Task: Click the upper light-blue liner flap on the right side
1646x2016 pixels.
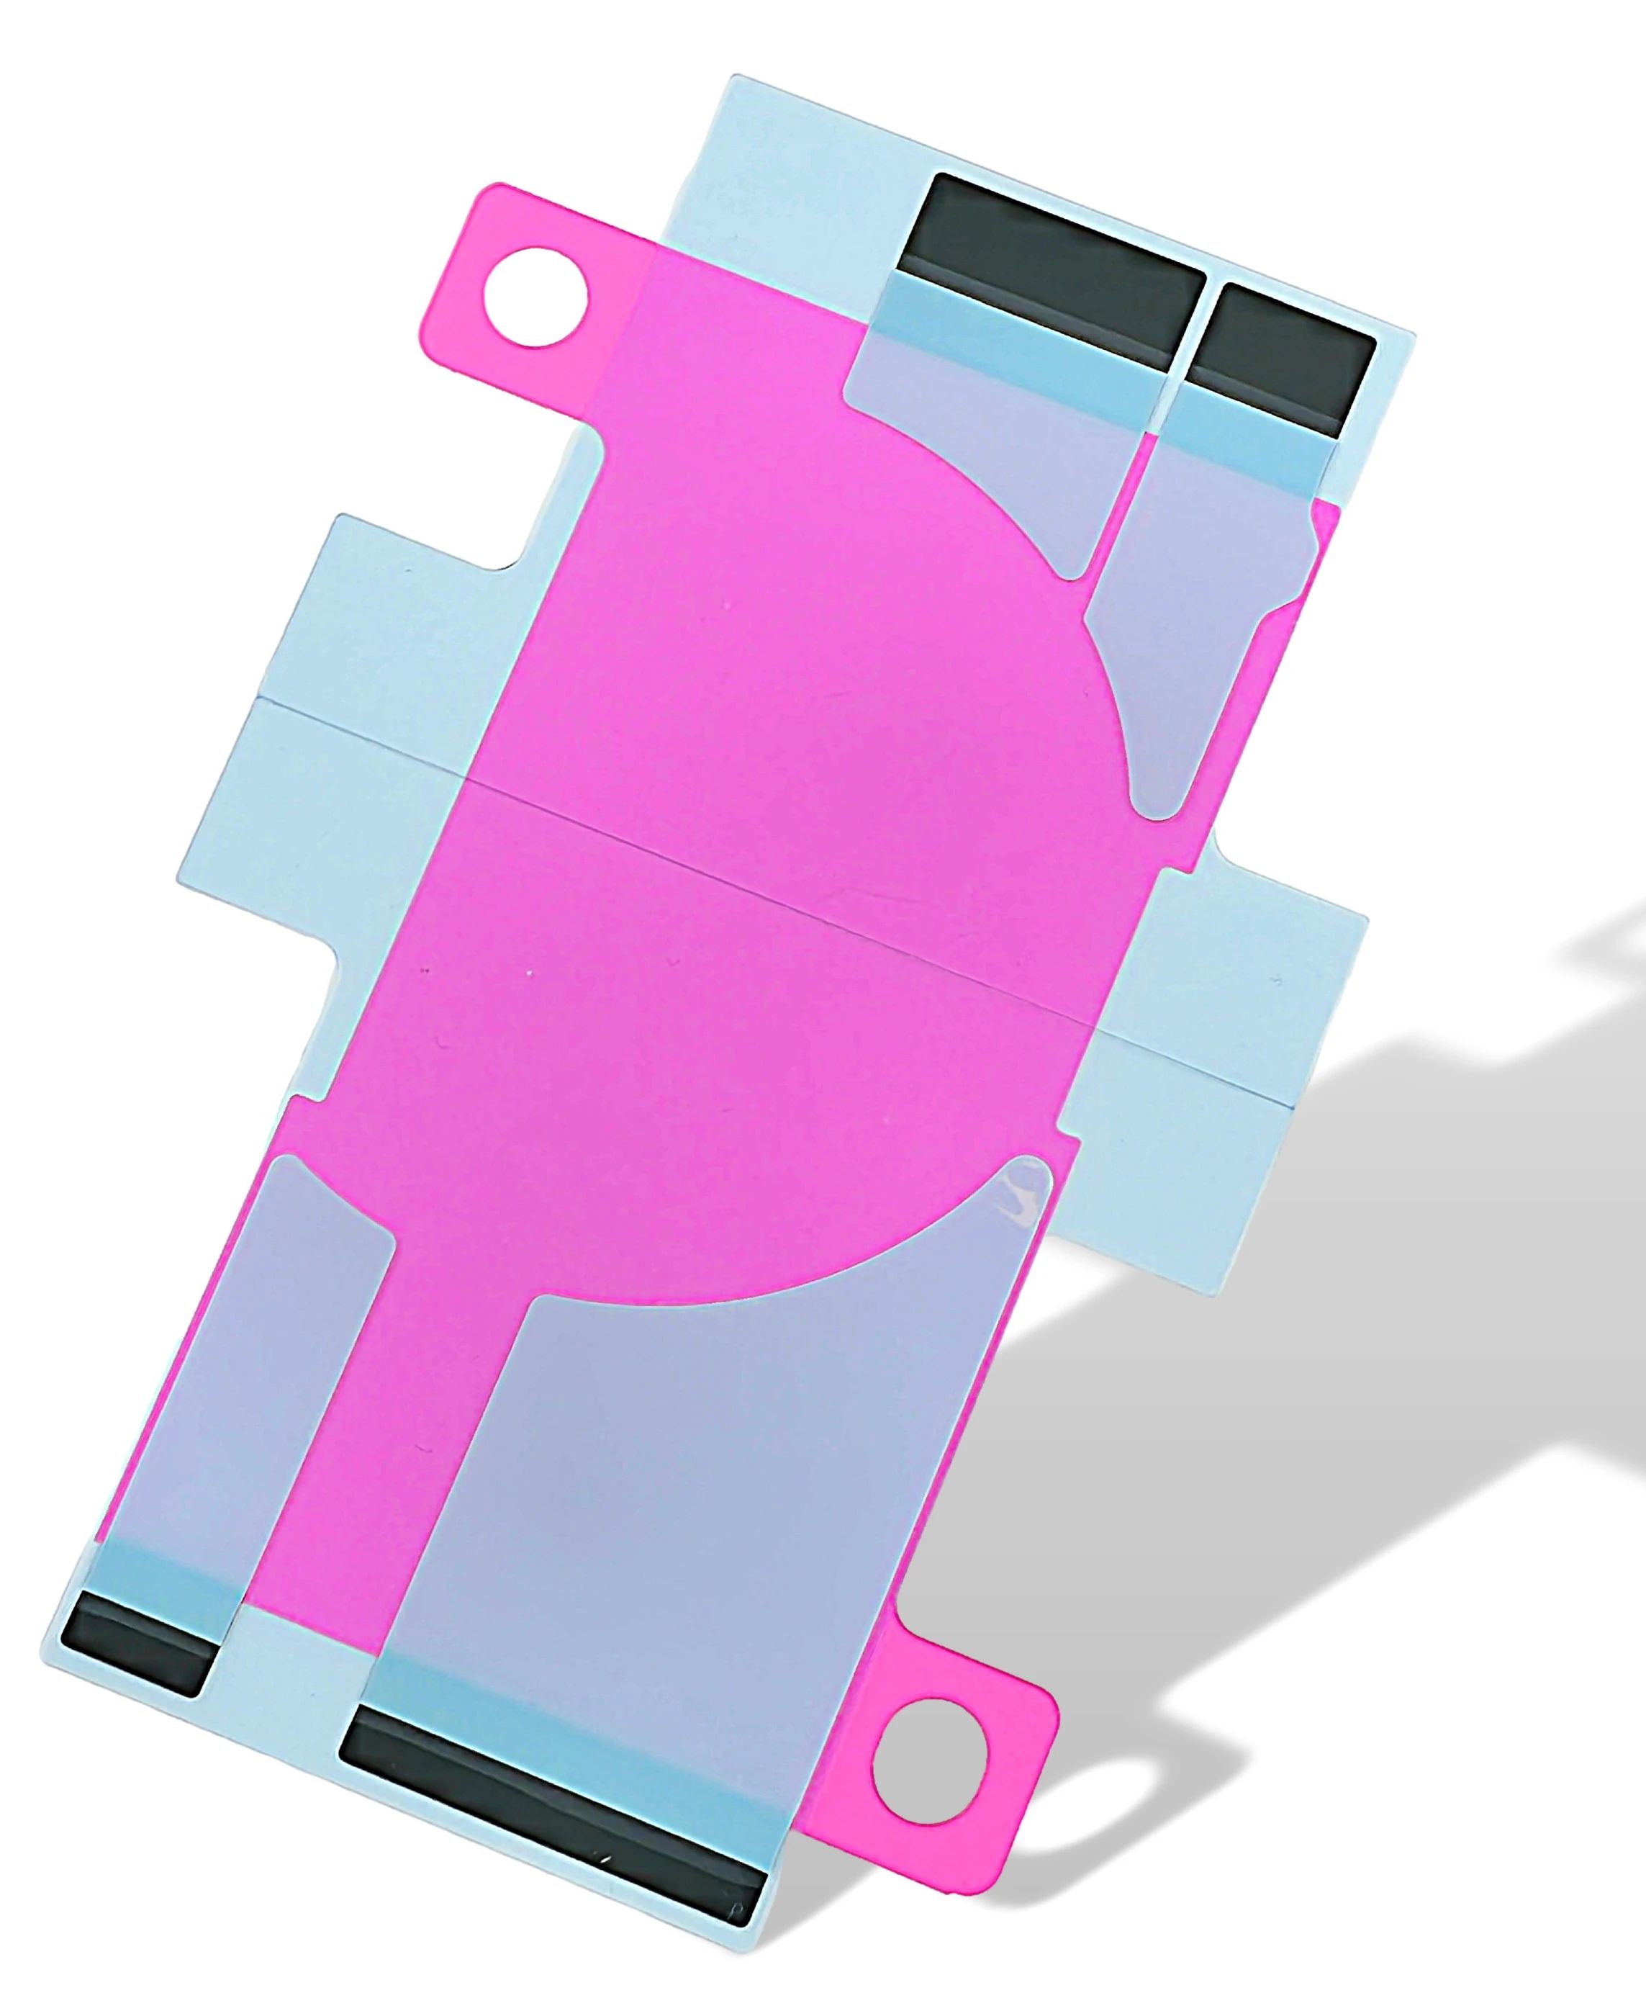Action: tap(1261, 948)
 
